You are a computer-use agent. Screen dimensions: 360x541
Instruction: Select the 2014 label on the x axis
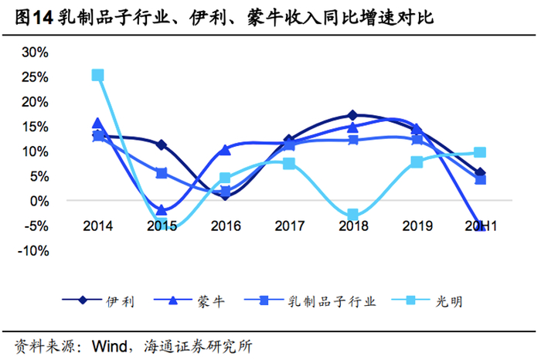[x=98, y=226]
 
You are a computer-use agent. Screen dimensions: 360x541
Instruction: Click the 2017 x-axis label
[x=288, y=226]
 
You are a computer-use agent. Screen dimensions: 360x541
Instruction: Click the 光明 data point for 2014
[x=98, y=75]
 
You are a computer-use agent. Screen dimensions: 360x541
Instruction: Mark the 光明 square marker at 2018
[x=352, y=215]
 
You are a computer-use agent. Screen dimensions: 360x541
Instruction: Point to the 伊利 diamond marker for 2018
[x=352, y=115]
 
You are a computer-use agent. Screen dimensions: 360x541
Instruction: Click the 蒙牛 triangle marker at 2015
[x=162, y=210]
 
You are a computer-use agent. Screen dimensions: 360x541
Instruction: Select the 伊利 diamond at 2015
[x=162, y=144]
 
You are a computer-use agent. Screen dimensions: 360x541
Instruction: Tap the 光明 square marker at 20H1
[x=479, y=153]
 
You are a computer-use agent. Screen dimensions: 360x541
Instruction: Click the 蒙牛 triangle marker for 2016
[x=225, y=149]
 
